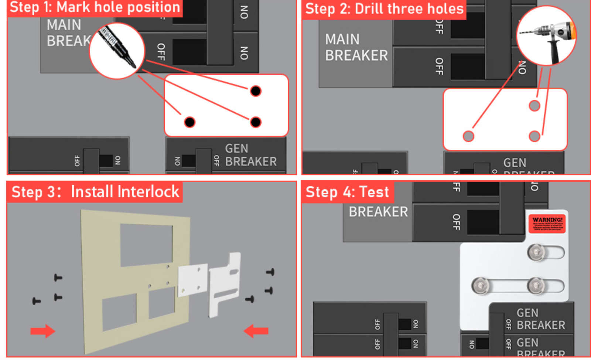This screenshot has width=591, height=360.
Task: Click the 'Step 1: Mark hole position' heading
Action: [95, 7]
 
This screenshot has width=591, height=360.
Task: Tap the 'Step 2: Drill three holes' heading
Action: [384, 9]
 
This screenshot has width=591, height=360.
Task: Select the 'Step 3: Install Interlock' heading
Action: [95, 192]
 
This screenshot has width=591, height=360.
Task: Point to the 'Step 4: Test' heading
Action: [347, 192]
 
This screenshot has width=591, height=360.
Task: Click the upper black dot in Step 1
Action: [256, 91]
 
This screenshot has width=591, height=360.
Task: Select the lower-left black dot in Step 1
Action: [189, 122]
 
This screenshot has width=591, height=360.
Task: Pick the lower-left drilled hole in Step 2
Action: [468, 136]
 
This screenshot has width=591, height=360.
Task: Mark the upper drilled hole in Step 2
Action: [534, 106]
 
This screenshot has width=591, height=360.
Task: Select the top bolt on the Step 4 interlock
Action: [536, 253]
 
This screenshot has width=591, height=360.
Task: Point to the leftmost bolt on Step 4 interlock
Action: [481, 286]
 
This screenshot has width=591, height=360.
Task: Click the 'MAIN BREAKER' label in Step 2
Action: [356, 47]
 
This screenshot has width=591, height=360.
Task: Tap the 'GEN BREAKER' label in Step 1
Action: [250, 155]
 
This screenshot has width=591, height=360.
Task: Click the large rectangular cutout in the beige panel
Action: [146, 244]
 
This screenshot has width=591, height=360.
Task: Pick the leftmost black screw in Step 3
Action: [36, 301]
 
